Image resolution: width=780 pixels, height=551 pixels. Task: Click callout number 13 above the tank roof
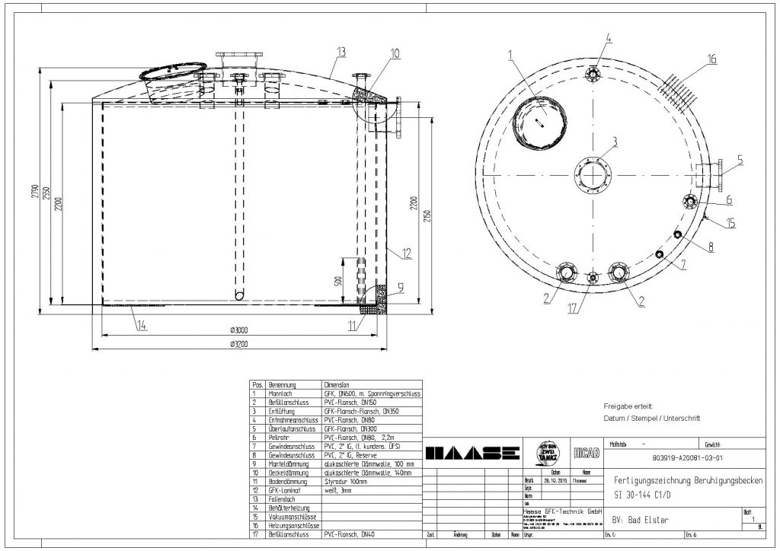pyautogui.click(x=340, y=51)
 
